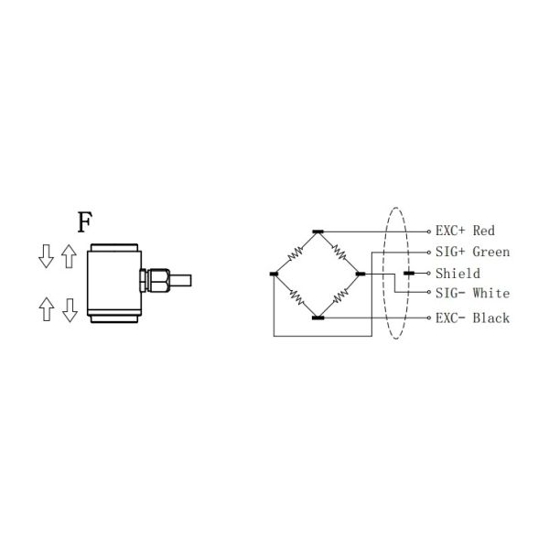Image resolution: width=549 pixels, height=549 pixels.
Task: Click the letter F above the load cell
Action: click(x=84, y=222)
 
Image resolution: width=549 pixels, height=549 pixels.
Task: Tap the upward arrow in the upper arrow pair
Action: click(x=69, y=257)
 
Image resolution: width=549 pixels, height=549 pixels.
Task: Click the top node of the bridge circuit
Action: click(x=317, y=232)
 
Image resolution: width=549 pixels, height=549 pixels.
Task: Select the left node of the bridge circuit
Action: click(x=274, y=274)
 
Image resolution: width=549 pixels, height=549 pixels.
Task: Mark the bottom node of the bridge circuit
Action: click(x=317, y=318)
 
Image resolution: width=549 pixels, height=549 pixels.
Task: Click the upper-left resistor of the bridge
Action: click(x=296, y=253)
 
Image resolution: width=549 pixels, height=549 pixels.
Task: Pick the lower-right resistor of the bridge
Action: click(x=338, y=296)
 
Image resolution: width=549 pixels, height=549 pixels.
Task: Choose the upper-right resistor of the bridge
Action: click(x=338, y=253)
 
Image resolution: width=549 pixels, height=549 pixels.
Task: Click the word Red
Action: click(x=483, y=231)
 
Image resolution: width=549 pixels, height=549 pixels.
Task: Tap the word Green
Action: click(x=490, y=252)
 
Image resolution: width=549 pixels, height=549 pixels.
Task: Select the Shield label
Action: click(x=457, y=273)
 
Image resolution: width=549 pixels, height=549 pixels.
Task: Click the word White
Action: click(x=491, y=294)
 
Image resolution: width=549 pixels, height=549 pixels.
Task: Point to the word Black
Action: click(x=490, y=318)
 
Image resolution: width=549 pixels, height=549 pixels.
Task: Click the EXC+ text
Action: click(x=451, y=231)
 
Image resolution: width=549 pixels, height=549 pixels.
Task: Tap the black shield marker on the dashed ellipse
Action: click(x=409, y=274)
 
